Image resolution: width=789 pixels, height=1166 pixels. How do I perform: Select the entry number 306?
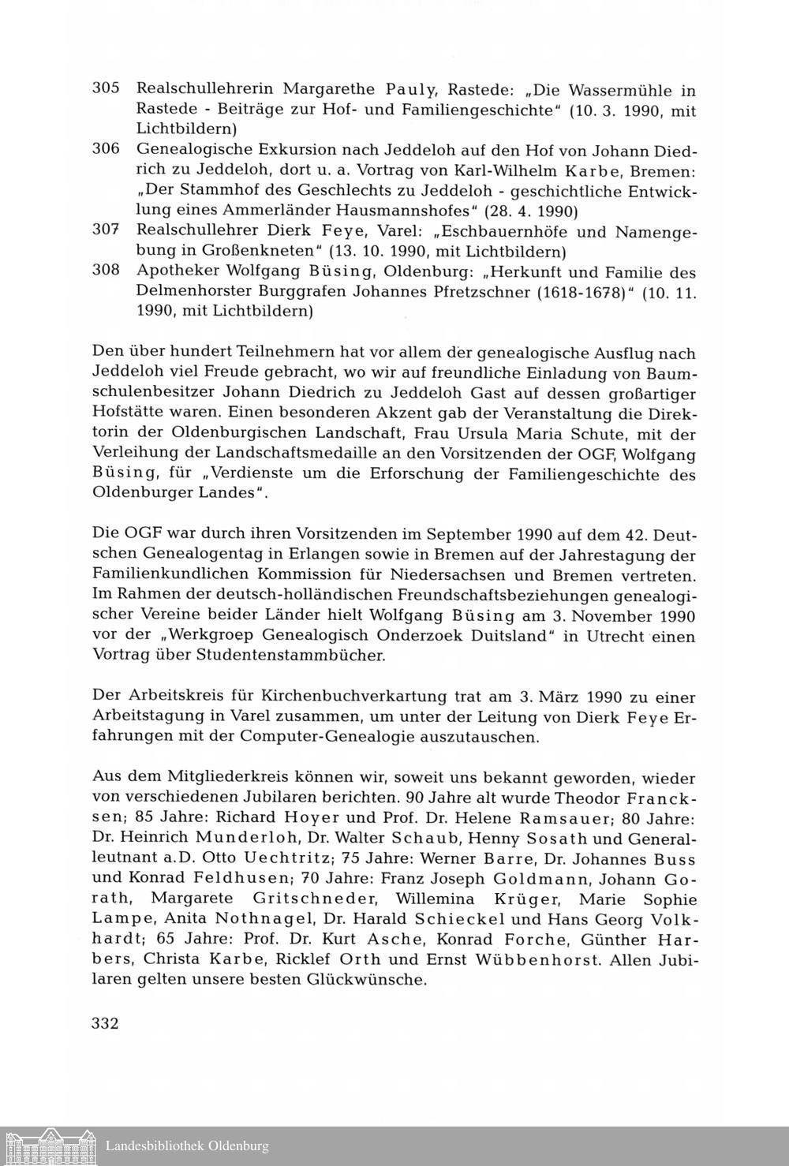[106, 148]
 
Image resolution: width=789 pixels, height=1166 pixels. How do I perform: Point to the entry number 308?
[106, 271]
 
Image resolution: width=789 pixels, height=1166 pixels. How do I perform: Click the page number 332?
[106, 1024]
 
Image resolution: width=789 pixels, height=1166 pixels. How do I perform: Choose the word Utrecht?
[604, 636]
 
